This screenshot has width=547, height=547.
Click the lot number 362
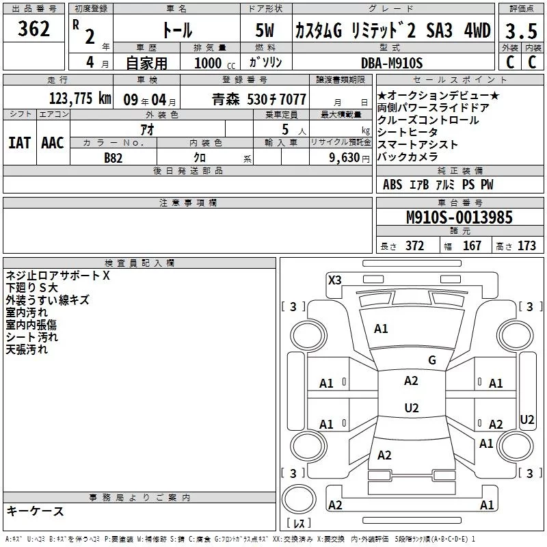point(34,29)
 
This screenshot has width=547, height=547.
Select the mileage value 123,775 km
point(80,98)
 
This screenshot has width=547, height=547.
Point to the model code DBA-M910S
point(392,62)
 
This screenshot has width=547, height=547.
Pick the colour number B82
point(114,157)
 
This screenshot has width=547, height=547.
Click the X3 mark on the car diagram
point(335,280)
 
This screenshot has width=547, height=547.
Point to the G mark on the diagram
point(431,360)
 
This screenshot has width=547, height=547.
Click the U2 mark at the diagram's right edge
point(527,419)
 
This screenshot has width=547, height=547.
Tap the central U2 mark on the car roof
point(411,408)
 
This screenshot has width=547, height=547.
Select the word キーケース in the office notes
point(35,511)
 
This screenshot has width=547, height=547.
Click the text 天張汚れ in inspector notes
point(27,349)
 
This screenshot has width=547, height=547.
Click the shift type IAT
point(19,142)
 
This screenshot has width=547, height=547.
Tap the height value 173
point(526,246)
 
